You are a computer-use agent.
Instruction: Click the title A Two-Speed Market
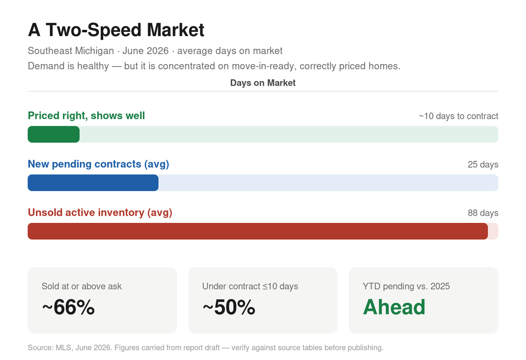pyautogui.click(x=116, y=30)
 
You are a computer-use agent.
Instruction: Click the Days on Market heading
pyautogui.click(x=262, y=83)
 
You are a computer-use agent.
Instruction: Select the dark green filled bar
pyautogui.click(x=53, y=134)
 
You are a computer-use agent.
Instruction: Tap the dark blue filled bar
pyautogui.click(x=93, y=183)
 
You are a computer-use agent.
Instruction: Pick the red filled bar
pyautogui.click(x=258, y=231)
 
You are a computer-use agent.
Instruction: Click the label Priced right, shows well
pyautogui.click(x=86, y=116)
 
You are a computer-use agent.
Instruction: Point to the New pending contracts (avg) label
pyautogui.click(x=98, y=164)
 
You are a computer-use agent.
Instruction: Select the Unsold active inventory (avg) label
pyautogui.click(x=100, y=213)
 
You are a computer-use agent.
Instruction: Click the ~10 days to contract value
pyautogui.click(x=458, y=116)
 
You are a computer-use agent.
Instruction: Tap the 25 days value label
pyautogui.click(x=483, y=164)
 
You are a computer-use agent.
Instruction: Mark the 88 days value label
pyautogui.click(x=483, y=213)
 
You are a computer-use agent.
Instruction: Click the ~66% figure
pyautogui.click(x=68, y=307)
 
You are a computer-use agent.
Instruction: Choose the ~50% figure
pyautogui.click(x=229, y=307)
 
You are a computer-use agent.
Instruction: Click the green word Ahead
pyautogui.click(x=394, y=307)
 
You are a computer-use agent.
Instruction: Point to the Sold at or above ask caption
pyautogui.click(x=82, y=286)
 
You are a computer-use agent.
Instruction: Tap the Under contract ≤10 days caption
pyautogui.click(x=250, y=286)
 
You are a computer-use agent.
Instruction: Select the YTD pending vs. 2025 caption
pyautogui.click(x=406, y=286)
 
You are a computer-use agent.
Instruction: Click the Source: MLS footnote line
pyautogui.click(x=205, y=348)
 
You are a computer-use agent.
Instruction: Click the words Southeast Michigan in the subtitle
pyautogui.click(x=71, y=51)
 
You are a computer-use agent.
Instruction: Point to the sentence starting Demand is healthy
pyautogui.click(x=214, y=66)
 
